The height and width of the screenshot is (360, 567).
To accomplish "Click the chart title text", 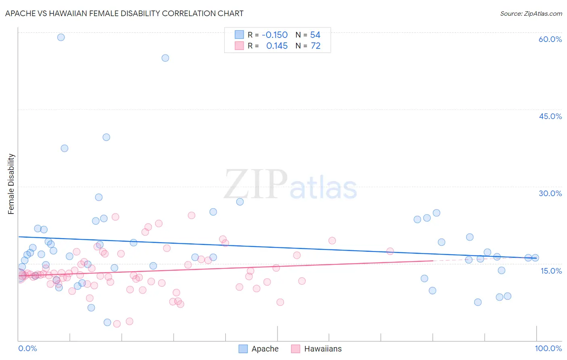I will [x=124, y=13].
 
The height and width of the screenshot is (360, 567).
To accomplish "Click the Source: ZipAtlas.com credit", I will [x=531, y=13].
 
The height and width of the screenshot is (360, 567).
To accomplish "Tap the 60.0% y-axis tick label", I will [x=550, y=39].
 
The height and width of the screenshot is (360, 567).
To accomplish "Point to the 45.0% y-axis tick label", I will [x=550, y=116].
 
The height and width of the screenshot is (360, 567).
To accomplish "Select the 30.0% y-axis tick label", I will [x=550, y=193].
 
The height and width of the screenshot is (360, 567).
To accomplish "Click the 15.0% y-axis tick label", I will [x=551, y=270].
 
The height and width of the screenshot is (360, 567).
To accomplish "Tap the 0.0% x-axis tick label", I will [x=27, y=348].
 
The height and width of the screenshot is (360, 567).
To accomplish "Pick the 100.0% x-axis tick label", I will [x=548, y=348].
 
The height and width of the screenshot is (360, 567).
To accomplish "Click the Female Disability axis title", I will [x=11, y=184].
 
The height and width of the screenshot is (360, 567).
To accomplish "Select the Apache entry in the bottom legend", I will [x=259, y=349].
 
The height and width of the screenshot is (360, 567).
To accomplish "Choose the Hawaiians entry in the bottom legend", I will [x=317, y=349].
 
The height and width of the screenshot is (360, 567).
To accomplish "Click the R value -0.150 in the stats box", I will [x=275, y=35].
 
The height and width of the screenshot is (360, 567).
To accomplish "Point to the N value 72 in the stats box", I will [x=315, y=46].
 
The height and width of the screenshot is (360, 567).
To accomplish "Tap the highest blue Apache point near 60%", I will [x=61, y=37].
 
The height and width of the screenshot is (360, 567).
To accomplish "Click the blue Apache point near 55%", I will [x=165, y=58].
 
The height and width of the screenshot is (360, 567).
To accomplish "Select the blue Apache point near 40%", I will [x=106, y=137].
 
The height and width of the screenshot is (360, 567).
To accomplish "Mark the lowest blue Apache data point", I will [x=107, y=322].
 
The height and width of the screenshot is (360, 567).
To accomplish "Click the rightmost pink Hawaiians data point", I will [x=390, y=251].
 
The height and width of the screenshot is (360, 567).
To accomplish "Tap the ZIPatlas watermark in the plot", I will [x=290, y=185].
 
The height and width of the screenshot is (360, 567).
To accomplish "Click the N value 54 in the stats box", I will [x=315, y=35].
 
